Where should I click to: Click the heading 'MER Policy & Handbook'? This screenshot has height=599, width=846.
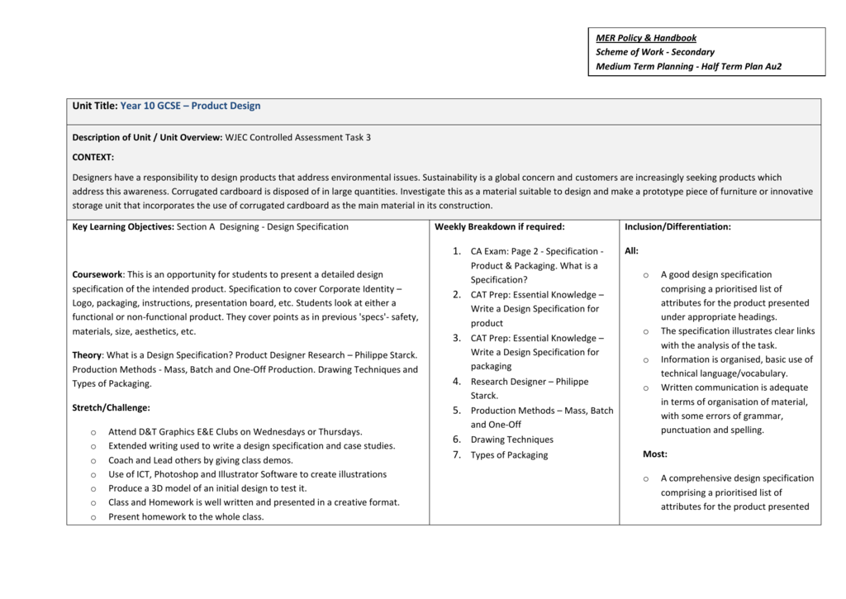tap(646, 38)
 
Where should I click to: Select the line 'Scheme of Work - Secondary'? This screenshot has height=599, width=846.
tap(655, 52)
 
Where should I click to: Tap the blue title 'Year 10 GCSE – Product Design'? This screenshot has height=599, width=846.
tap(190, 106)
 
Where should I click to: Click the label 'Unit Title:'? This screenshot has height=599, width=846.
tap(95, 106)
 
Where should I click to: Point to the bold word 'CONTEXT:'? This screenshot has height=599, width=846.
tap(93, 157)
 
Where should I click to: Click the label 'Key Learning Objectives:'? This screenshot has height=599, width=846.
tap(123, 226)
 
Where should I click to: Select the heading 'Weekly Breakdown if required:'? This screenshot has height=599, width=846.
tap(500, 226)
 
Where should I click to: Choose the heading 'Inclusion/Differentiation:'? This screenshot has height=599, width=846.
tap(677, 226)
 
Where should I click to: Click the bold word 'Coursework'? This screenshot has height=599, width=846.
tap(97, 274)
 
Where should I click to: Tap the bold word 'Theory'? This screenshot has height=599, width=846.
tap(87, 355)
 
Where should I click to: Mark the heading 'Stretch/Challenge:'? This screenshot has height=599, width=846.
tap(112, 407)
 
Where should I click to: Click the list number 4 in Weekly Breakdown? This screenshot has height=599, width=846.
tap(456, 382)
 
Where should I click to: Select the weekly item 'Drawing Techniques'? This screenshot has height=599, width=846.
tap(512, 440)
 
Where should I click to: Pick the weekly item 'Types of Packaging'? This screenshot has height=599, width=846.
tap(509, 455)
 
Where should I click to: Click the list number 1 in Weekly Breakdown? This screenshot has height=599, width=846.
tap(456, 251)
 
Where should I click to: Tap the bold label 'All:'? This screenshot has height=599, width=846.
tap(631, 250)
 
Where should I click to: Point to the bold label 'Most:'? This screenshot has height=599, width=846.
tap(655, 454)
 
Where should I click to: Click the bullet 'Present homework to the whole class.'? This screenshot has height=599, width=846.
tap(186, 517)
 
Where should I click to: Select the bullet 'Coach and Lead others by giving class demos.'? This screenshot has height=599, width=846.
tap(200, 460)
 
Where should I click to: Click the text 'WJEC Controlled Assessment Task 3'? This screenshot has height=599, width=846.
tap(298, 137)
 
